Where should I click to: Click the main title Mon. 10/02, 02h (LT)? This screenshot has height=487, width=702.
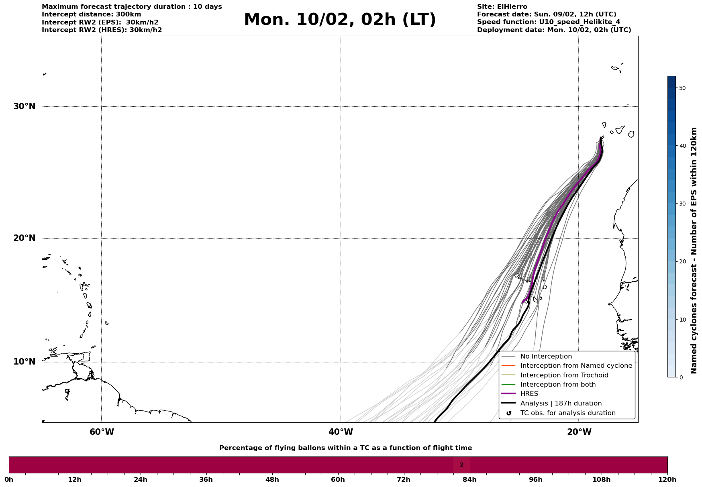[340, 20]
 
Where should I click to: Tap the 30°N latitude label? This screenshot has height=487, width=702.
[24, 106]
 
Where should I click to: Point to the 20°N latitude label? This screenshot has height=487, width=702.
[24, 238]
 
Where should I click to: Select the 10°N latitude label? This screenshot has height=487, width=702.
[24, 362]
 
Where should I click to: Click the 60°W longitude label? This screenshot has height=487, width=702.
[102, 432]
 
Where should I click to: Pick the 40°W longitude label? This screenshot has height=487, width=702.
[341, 432]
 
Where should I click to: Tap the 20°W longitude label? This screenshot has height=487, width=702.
[579, 432]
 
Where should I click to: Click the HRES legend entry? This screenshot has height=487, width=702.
[529, 394]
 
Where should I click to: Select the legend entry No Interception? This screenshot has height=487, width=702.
[546, 357]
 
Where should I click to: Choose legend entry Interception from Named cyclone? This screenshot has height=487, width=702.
[576, 366]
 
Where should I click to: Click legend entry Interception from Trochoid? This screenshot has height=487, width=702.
[564, 375]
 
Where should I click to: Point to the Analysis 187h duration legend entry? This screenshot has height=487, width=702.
[561, 403]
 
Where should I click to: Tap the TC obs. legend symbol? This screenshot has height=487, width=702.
[509, 413]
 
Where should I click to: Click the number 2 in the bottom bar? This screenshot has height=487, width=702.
[461, 465]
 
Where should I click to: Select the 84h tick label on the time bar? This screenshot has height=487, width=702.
[469, 480]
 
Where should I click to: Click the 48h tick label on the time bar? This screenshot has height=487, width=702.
[272, 480]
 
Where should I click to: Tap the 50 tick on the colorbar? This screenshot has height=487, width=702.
[682, 88]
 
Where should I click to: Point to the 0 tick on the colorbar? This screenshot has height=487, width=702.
[681, 377]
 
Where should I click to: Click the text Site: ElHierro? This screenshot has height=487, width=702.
[502, 7]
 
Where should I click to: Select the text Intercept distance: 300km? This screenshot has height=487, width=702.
[92, 14]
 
